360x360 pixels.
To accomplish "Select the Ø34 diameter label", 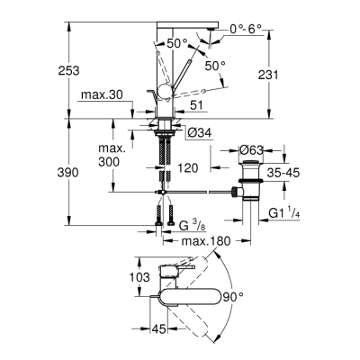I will (x=200, y=133).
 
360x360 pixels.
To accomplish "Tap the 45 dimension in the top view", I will (x=157, y=329).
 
